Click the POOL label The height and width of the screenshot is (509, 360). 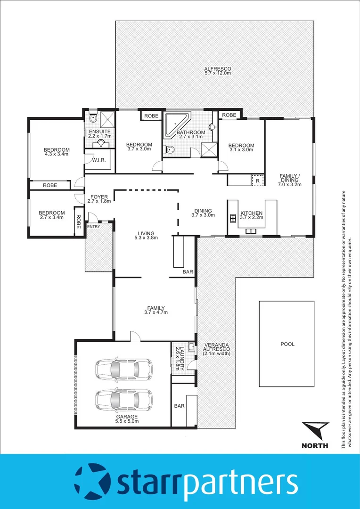[x=287, y=344]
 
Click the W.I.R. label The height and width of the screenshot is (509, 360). [x=98, y=160]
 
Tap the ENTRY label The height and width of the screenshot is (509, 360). [x=93, y=227]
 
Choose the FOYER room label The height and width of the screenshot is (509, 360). [x=98, y=197]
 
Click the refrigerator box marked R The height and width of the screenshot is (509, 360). [x=258, y=180]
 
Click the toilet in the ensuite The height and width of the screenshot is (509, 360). [x=93, y=118]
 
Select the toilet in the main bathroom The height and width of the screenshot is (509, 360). [x=170, y=150]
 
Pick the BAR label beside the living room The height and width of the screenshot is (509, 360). [x=188, y=272]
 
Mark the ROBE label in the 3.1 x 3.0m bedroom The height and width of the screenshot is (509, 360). [x=229, y=115]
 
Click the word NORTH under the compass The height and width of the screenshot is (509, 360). [x=314, y=445]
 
